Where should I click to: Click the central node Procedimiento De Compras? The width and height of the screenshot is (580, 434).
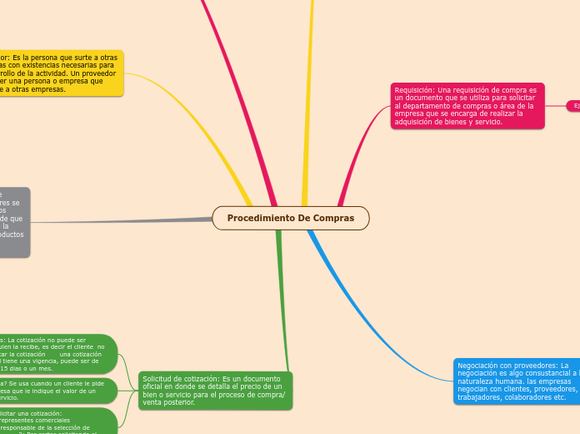(290, 218)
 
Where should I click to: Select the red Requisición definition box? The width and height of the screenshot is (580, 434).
(467, 106)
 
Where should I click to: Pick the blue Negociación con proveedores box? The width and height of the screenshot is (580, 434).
(517, 381)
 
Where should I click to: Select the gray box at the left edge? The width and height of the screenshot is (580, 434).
(14, 222)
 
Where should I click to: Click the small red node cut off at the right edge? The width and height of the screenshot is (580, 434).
(573, 106)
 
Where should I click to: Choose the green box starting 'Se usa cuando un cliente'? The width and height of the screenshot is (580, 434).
(58, 390)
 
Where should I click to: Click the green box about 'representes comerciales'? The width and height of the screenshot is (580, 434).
(58, 421)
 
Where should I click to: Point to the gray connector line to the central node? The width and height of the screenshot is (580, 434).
(125, 221)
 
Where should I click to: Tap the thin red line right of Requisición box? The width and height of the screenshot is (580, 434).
(555, 106)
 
